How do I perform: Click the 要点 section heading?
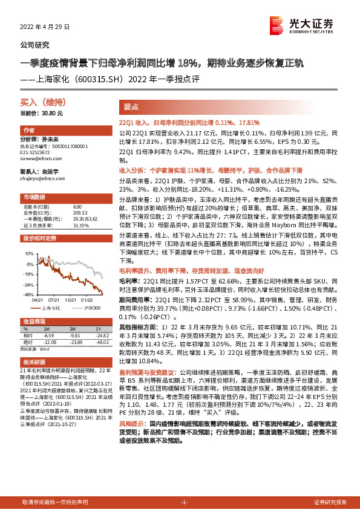tap(132, 107)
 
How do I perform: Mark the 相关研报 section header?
tap(34, 361)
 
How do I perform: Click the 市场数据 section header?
tap(34, 198)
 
